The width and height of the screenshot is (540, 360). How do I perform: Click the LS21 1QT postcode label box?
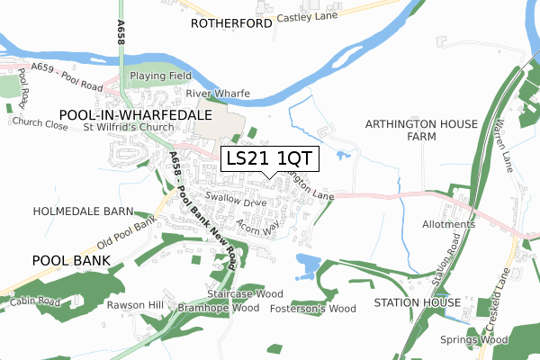click(269, 157)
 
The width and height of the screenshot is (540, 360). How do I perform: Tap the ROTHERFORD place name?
click(231, 24)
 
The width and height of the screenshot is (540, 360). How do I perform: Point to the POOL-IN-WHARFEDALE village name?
click(134, 114)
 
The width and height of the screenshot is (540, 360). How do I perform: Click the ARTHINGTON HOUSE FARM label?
click(400, 130)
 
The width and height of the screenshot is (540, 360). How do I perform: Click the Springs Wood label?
click(474, 339)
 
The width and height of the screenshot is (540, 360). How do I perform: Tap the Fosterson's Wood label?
click(313, 309)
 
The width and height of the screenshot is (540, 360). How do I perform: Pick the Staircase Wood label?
click(245, 293)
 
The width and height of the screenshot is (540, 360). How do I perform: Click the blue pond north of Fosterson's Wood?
click(307, 264)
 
